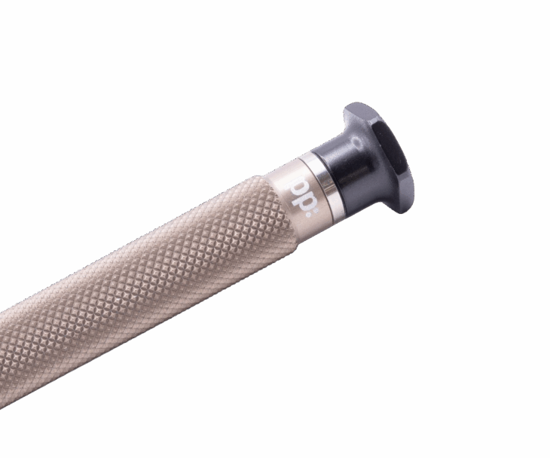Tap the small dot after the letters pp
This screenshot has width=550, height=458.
click(x=316, y=212)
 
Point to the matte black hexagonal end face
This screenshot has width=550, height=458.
click(x=392, y=154)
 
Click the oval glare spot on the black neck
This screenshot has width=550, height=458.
click(x=358, y=142)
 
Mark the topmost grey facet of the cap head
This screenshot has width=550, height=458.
click(x=358, y=107)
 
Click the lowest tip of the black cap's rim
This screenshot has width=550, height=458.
click(x=403, y=213)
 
